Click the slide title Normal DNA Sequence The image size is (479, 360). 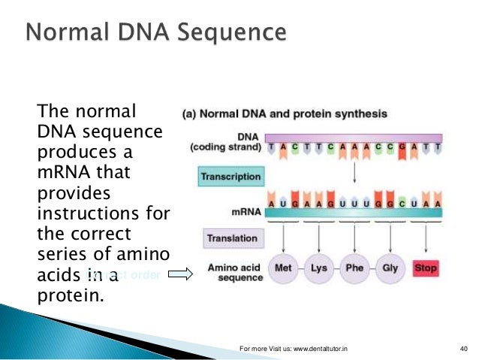(155, 34)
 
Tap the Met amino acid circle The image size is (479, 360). (283, 268)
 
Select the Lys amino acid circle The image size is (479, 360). (319, 268)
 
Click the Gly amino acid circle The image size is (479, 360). (390, 268)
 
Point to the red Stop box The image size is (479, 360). (426, 268)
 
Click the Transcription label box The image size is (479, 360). (230, 177)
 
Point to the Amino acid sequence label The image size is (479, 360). (234, 272)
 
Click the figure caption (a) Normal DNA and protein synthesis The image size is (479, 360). (285, 114)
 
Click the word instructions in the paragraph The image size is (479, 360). (93, 213)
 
